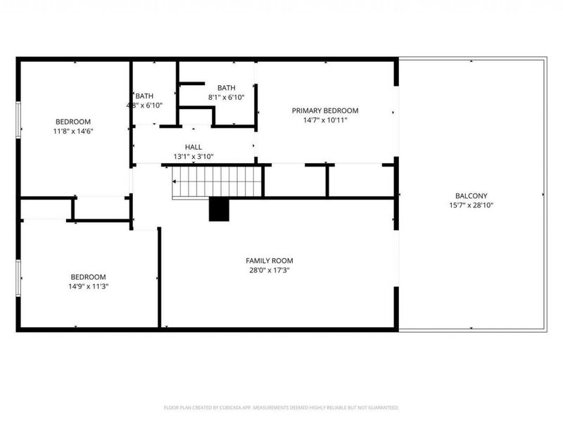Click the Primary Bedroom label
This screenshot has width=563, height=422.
(x=325, y=110)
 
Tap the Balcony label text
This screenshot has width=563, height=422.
(x=471, y=196)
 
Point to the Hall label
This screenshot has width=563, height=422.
(x=194, y=148)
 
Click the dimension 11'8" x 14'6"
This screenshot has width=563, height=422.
(x=74, y=130)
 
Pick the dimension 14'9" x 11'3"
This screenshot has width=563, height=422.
(x=88, y=286)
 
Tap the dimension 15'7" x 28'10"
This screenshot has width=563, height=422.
(x=471, y=205)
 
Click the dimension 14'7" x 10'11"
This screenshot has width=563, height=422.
(x=325, y=120)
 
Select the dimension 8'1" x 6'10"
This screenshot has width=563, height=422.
(x=226, y=97)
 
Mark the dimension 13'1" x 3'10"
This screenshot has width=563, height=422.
(x=194, y=157)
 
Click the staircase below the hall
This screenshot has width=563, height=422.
(x=217, y=181)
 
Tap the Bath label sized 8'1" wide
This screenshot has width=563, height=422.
(x=226, y=88)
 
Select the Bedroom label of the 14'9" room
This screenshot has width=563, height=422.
(x=88, y=276)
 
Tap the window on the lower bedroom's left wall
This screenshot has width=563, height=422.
(x=19, y=278)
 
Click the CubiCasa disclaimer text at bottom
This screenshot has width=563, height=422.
(x=281, y=407)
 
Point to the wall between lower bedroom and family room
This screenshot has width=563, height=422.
(x=159, y=278)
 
